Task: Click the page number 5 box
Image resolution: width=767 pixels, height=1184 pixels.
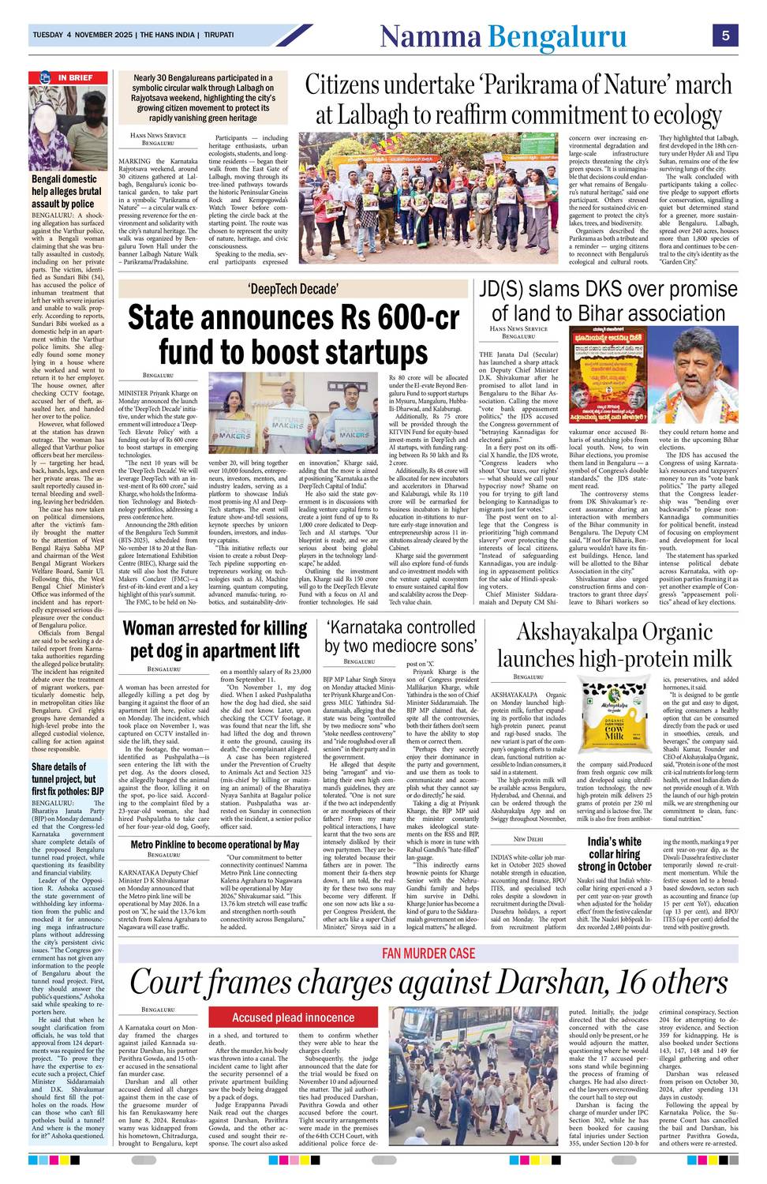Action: coord(724,36)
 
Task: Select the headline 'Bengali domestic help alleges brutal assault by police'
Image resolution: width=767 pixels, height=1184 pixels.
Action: coord(66,192)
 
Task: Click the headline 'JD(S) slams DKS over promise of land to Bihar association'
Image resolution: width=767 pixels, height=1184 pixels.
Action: coord(608,301)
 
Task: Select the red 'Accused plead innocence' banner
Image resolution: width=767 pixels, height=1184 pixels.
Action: coord(294,1017)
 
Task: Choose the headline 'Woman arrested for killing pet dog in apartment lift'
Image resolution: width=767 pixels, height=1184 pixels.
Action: coord(215,639)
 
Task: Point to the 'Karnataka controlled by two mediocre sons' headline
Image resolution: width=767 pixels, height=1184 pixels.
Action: coord(401,636)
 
